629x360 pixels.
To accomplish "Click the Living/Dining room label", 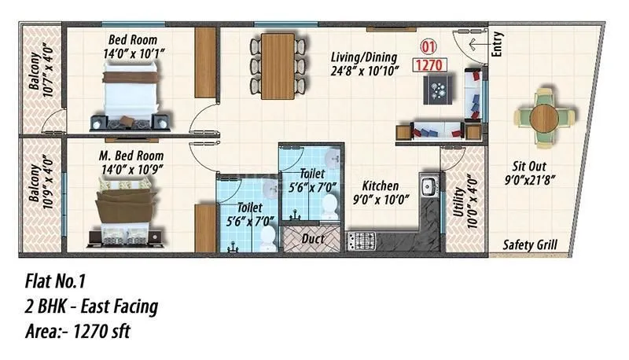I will [364, 57].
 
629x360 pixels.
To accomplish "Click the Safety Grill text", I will [529, 245].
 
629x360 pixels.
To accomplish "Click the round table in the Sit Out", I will [545, 119].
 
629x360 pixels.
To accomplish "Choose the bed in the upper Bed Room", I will [131, 95].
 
